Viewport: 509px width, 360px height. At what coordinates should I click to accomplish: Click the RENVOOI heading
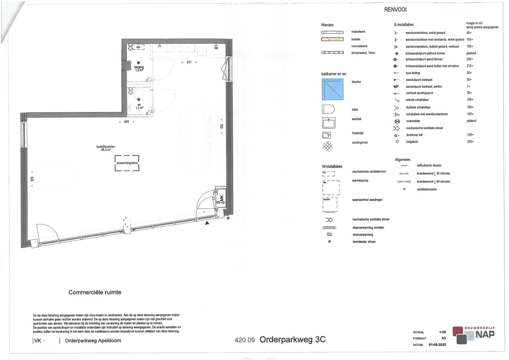[x=395, y=10]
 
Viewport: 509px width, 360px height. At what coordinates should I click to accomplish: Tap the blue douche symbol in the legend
[x=333, y=89]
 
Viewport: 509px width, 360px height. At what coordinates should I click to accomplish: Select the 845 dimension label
[x=127, y=122]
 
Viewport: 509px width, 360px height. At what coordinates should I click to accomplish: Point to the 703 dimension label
[x=222, y=126]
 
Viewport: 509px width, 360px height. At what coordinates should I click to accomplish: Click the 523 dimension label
[x=32, y=179]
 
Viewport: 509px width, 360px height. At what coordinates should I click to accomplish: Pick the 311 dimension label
[x=189, y=62]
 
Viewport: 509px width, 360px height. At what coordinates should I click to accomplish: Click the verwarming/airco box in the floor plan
[x=127, y=163]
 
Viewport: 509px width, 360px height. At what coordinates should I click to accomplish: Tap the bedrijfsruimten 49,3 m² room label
[x=106, y=148]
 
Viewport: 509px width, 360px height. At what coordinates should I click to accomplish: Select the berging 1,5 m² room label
[x=139, y=68]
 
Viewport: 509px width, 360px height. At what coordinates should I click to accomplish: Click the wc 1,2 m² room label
[x=139, y=106]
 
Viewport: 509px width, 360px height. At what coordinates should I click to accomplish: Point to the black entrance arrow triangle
[x=207, y=222]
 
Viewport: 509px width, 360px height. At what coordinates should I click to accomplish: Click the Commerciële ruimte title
[x=95, y=292]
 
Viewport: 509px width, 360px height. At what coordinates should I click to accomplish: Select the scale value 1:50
[x=442, y=332]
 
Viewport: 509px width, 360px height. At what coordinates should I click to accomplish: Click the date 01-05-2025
[x=437, y=345]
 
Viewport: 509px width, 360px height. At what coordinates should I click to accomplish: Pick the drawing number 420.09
[x=245, y=340]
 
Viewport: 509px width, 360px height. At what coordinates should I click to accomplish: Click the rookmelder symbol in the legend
[x=397, y=121]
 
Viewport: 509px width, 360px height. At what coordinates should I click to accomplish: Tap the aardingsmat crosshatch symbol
[x=328, y=146]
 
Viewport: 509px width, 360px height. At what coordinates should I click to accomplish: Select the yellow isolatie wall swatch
[x=332, y=39]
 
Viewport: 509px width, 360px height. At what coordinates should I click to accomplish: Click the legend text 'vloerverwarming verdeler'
[x=368, y=228]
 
